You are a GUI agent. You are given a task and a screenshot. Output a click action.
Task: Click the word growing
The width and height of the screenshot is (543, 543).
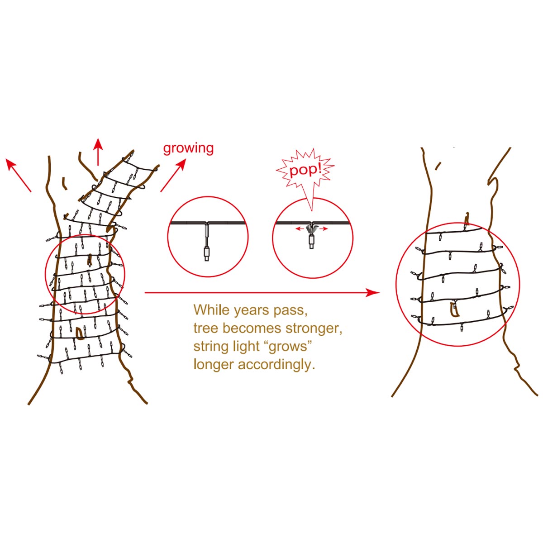click(188, 148)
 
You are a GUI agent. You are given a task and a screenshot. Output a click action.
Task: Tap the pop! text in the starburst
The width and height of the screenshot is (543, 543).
click(305, 170)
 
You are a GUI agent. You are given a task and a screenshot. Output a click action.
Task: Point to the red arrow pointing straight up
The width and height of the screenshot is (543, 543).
click(98, 152)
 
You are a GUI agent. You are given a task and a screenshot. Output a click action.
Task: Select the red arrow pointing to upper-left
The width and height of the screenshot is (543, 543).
click(18, 175)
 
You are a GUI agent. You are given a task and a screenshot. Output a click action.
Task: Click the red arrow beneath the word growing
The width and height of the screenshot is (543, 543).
click(174, 175)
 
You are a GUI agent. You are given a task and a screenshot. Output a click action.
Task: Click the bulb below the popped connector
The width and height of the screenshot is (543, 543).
click(311, 242)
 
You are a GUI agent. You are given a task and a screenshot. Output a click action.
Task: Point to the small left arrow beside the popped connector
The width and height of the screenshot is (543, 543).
click(300, 229)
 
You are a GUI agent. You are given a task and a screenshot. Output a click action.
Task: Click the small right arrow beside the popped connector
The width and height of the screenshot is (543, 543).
click(323, 229)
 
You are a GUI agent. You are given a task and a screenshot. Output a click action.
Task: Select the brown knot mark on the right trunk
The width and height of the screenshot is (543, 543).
click(454, 310)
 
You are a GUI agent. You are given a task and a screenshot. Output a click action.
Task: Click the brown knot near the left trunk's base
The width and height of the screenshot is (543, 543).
click(80, 333)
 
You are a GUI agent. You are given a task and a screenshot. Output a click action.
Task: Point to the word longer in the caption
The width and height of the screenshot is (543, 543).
click(214, 365)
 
